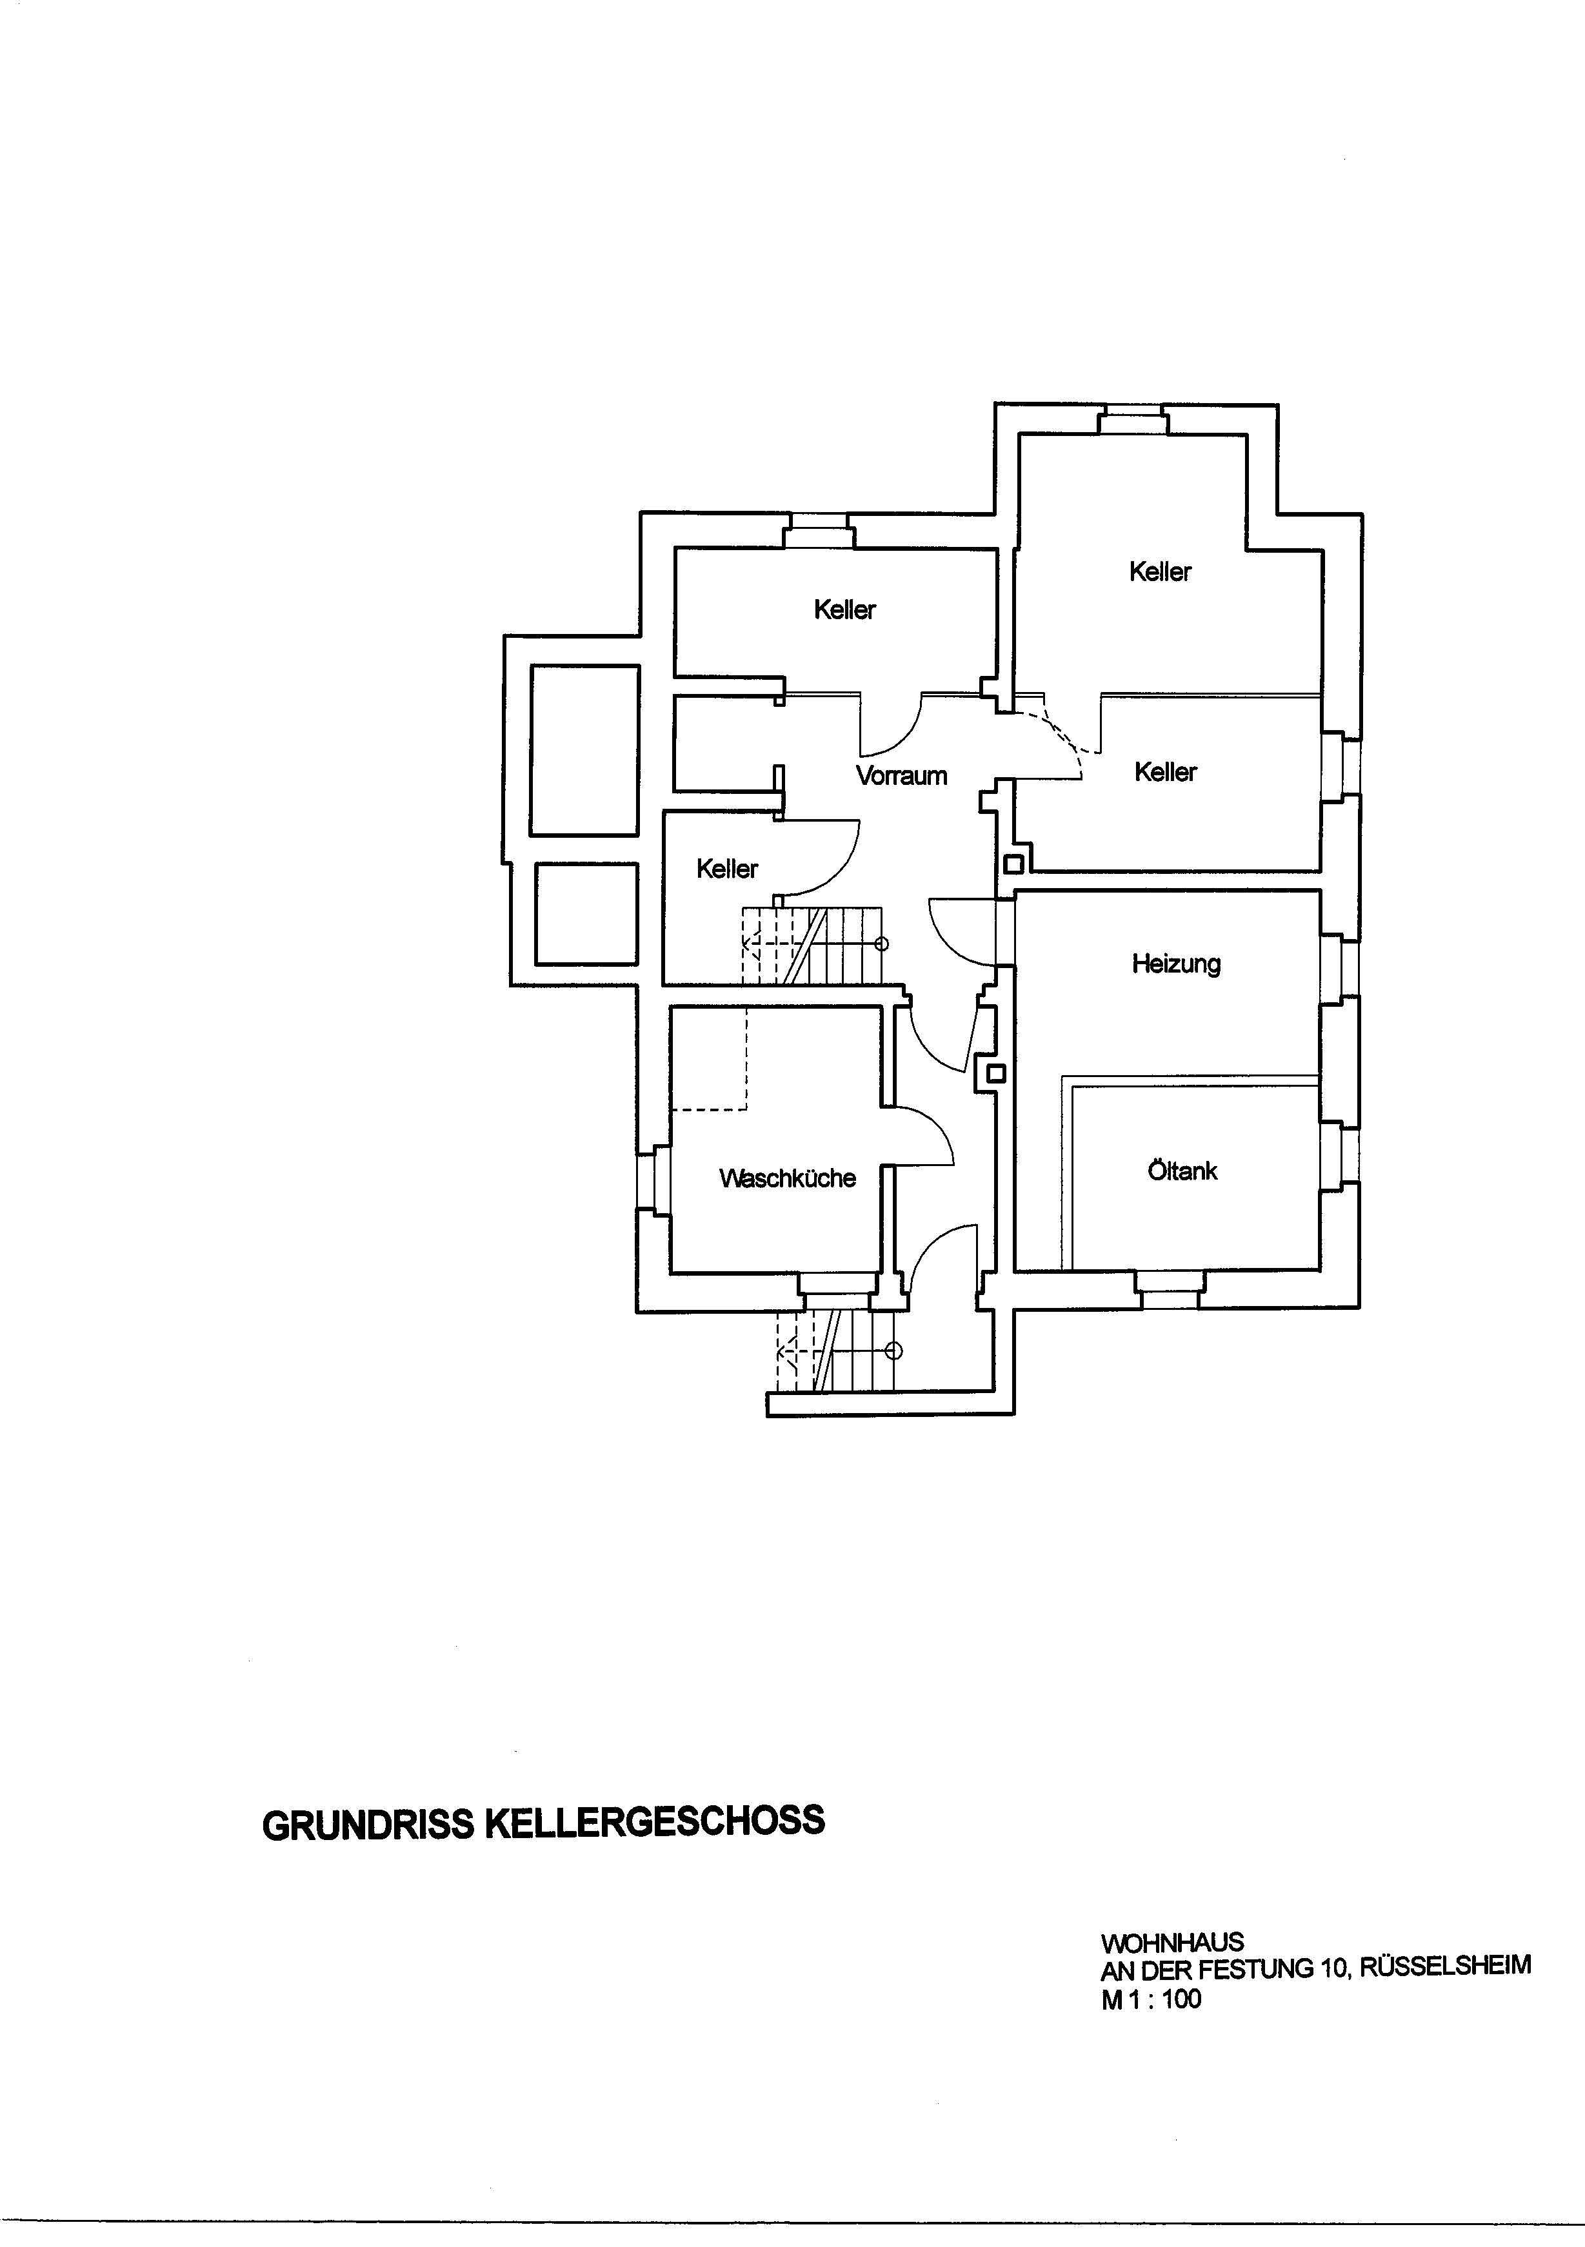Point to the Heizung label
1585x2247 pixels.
coord(1176,964)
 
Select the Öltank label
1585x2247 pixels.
coord(1182,1171)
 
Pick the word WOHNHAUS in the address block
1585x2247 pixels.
coord(1172,1943)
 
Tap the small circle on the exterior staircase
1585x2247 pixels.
coord(893,1352)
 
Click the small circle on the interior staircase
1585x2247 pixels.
coord(881,944)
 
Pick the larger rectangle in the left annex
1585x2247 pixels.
coord(584,751)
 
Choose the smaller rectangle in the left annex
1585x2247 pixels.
coord(586,913)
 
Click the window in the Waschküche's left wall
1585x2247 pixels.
coord(653,1179)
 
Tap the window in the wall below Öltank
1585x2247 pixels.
coord(1170,1291)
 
